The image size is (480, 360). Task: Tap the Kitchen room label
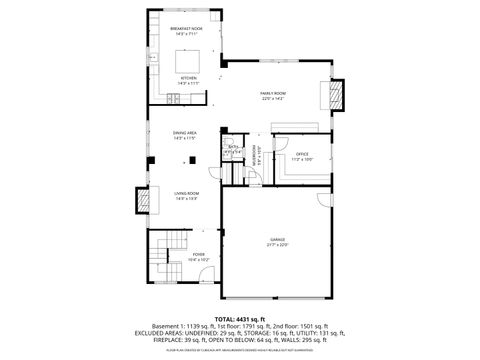tap(186, 80)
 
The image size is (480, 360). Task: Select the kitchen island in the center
tap(186, 56)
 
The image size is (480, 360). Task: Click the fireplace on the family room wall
tap(336, 96)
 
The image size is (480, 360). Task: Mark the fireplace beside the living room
tap(144, 201)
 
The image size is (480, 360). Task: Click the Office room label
tap(302, 156)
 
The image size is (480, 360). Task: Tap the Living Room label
tap(186, 196)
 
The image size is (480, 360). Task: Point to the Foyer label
tap(199, 257)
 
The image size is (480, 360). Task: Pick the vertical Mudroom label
tap(255, 156)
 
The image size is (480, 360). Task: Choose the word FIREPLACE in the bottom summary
tap(174, 340)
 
